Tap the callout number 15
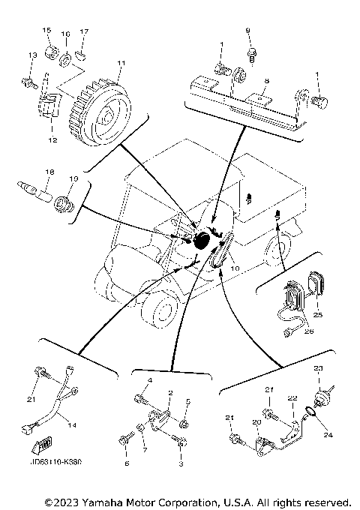click(x=46, y=31)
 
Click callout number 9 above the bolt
click(x=248, y=30)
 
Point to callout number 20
click(x=256, y=423)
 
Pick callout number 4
click(x=151, y=382)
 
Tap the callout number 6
click(x=126, y=463)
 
